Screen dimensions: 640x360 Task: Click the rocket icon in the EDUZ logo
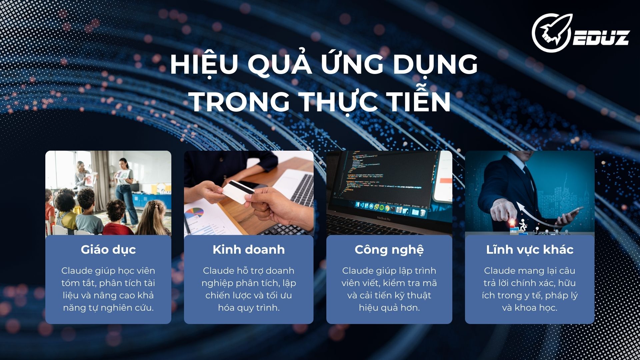pos(552,33)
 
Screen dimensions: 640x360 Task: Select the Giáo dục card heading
pos(108,250)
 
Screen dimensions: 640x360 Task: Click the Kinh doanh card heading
pos(249,249)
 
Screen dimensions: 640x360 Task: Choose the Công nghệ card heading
pos(389,250)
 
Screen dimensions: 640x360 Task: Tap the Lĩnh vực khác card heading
pos(530,250)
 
